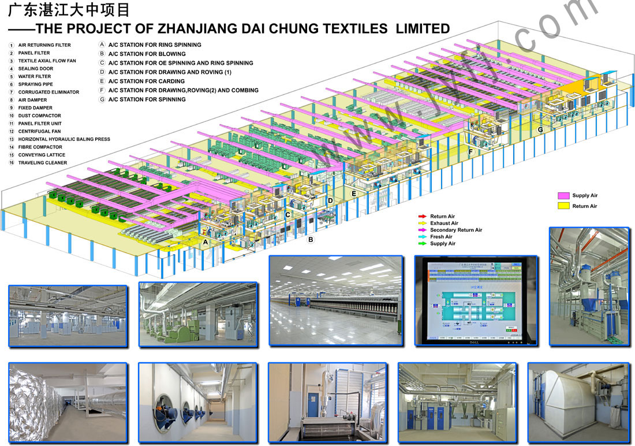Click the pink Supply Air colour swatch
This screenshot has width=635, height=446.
(x=563, y=196)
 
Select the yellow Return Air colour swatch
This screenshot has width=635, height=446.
(x=563, y=206)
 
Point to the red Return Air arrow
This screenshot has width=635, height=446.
(x=422, y=217)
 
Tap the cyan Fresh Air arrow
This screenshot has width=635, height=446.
(x=422, y=237)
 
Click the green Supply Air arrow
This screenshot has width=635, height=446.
(x=422, y=244)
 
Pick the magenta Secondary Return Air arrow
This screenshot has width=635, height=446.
(x=422, y=230)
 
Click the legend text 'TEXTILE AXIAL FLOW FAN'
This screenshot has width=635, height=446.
(x=47, y=61)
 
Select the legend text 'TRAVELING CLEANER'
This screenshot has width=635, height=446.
(x=42, y=163)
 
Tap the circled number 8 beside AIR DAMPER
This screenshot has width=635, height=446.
(x=11, y=100)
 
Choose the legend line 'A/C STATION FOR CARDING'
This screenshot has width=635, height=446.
(x=146, y=81)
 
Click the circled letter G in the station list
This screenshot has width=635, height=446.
(x=102, y=99)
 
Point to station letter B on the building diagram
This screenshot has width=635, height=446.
(x=311, y=239)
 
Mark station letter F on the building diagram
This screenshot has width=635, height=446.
(x=470, y=152)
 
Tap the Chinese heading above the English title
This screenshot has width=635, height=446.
(x=69, y=10)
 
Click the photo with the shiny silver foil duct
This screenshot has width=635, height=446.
(x=68, y=402)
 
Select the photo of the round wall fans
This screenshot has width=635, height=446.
(x=197, y=402)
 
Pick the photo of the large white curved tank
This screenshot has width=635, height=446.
(x=578, y=402)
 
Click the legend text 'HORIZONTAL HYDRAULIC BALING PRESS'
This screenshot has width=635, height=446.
(x=64, y=139)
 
